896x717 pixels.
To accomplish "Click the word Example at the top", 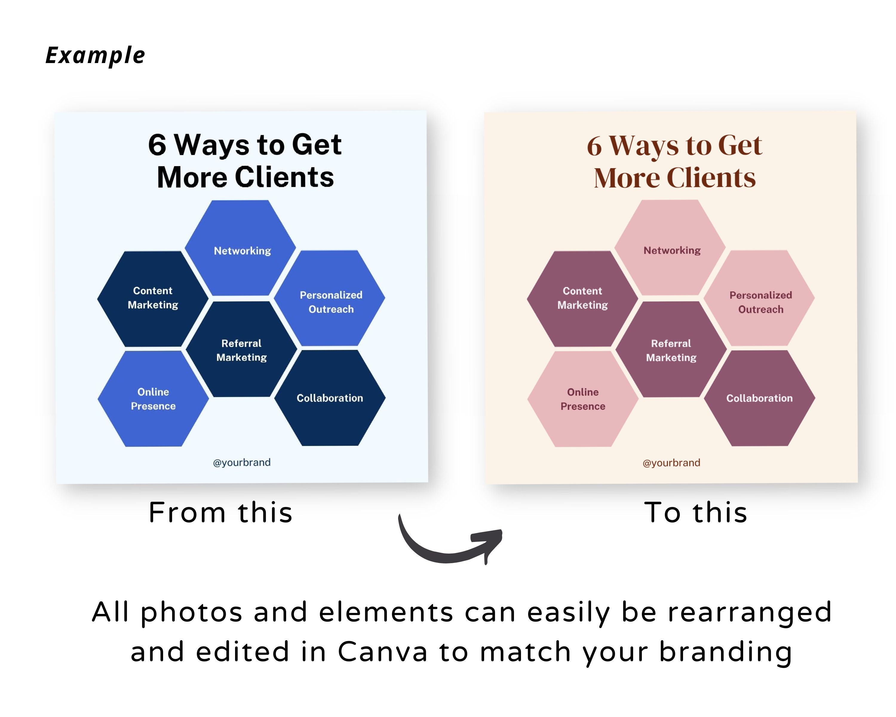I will click(95, 56).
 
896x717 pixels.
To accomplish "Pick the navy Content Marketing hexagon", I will click(153, 298).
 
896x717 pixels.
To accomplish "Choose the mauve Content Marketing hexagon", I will click(583, 298).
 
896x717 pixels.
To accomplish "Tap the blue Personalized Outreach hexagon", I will click(330, 298).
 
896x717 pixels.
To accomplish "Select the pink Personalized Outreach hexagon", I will click(760, 298).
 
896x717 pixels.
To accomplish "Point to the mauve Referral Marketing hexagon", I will click(671, 350).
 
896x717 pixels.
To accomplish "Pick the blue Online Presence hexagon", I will click(153, 399).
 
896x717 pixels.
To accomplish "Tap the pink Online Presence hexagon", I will click(583, 399).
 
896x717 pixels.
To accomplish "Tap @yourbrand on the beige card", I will click(671, 463).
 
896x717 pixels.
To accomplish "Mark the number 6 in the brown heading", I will click(594, 146).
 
